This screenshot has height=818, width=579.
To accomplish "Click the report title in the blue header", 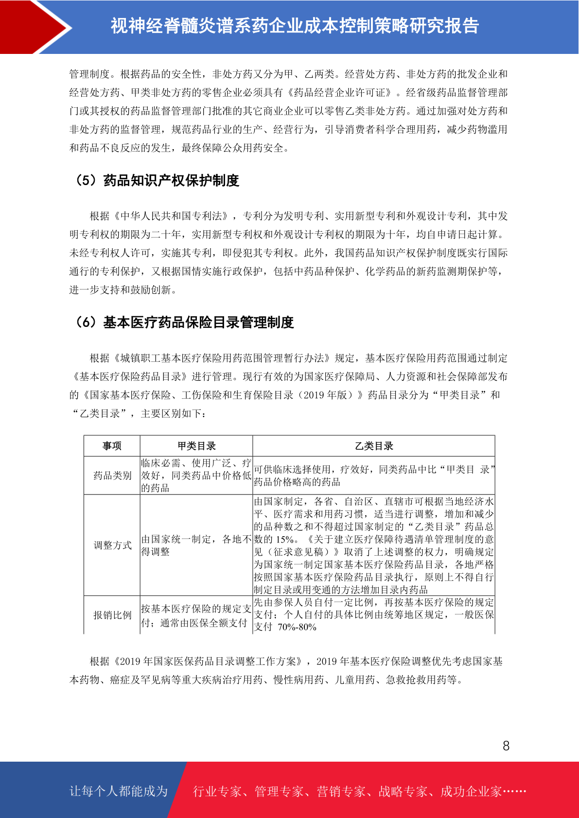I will (x=295, y=26).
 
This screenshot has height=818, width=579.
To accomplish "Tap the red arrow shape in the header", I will (x=34, y=27).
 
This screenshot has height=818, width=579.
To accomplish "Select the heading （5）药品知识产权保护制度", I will (x=156, y=181).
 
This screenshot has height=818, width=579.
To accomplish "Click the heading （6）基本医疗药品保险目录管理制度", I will (x=184, y=323).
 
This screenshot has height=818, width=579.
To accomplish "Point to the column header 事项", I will (x=112, y=446).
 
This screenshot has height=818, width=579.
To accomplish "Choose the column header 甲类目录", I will (x=196, y=446).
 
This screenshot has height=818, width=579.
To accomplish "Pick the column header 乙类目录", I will (x=374, y=446).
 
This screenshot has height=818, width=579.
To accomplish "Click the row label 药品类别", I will (x=112, y=476).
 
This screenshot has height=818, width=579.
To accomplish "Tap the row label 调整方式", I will (x=112, y=545).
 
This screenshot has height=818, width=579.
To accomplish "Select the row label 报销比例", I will (x=112, y=615).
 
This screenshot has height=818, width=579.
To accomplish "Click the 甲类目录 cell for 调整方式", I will (x=196, y=545).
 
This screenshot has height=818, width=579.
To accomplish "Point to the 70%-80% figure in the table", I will (x=297, y=627).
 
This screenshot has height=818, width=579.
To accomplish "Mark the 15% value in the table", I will (x=284, y=540).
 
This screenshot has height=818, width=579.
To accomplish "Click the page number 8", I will (x=506, y=746).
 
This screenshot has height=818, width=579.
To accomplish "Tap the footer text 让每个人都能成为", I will (x=119, y=791).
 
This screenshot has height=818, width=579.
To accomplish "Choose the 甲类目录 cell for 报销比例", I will (x=196, y=615).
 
